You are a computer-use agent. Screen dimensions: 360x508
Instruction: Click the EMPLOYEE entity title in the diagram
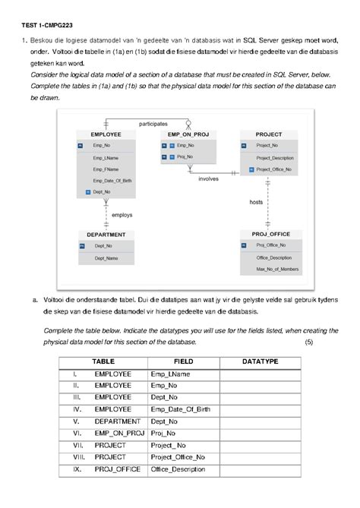(106, 134)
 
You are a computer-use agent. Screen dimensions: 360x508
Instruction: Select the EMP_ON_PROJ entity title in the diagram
(188, 134)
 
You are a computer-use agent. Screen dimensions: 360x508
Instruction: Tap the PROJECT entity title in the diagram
(269, 134)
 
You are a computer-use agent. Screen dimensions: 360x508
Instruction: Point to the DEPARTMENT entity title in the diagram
(106, 235)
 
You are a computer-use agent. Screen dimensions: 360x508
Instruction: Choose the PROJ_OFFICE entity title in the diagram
(270, 235)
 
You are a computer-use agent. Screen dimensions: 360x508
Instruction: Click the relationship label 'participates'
(153, 123)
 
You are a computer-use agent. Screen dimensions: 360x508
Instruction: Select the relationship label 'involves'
(209, 179)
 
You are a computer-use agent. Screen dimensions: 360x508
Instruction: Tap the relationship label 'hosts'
(256, 202)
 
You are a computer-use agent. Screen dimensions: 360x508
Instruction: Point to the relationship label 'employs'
(122, 215)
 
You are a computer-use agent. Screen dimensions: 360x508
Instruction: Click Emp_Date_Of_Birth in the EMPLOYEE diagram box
(112, 181)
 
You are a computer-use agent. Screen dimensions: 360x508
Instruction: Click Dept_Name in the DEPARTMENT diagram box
(106, 258)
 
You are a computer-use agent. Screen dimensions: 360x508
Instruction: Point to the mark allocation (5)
(308, 342)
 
